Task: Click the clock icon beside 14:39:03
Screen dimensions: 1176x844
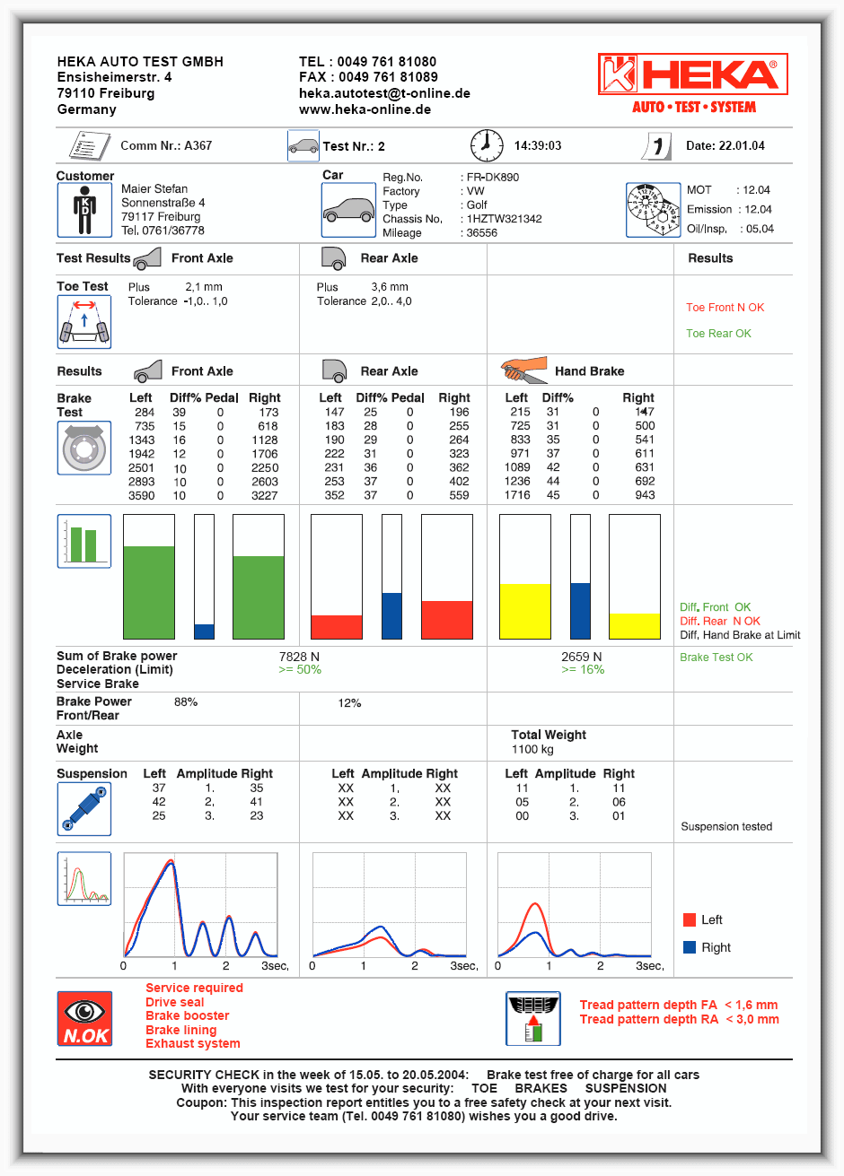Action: pyautogui.click(x=487, y=145)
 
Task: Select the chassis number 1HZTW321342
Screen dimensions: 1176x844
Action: pyautogui.click(x=504, y=219)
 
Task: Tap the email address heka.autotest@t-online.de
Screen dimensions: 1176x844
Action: pyautogui.click(x=384, y=93)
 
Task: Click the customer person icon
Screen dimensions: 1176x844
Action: pyautogui.click(x=84, y=211)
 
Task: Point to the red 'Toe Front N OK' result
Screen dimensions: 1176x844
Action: pyautogui.click(x=725, y=308)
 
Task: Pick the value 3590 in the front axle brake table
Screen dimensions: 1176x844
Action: pyautogui.click(x=141, y=495)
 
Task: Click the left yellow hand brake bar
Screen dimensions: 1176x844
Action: pyautogui.click(x=525, y=611)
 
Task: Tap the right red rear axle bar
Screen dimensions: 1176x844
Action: pyautogui.click(x=446, y=619)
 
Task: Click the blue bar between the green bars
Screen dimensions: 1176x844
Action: pyautogui.click(x=205, y=631)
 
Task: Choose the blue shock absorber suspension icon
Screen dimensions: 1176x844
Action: pyautogui.click(x=84, y=809)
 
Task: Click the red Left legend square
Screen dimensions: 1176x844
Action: pyautogui.click(x=690, y=919)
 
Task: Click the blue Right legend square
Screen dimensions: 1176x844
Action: pyautogui.click(x=690, y=947)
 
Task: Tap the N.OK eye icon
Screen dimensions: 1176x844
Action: pyautogui.click(x=84, y=1019)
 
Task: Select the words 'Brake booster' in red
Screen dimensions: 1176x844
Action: pyautogui.click(x=188, y=1015)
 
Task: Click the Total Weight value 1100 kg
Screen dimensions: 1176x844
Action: pyautogui.click(x=532, y=749)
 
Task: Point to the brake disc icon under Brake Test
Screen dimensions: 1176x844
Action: pyautogui.click(x=84, y=448)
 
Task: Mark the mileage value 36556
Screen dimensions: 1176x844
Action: pyautogui.click(x=481, y=233)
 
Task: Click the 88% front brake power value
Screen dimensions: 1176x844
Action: pyautogui.click(x=186, y=701)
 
